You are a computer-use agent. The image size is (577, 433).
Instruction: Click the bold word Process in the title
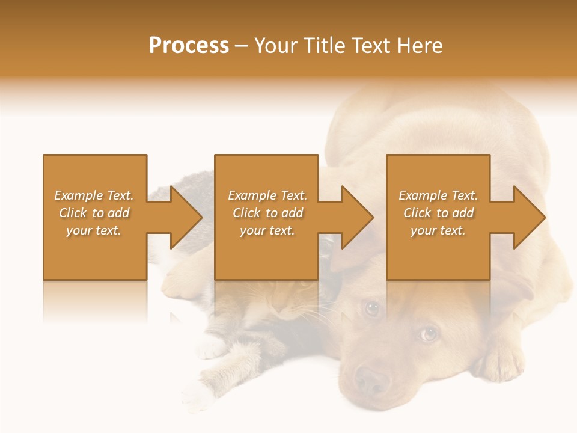coord(189,46)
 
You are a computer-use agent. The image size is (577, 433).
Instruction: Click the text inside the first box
coord(94,213)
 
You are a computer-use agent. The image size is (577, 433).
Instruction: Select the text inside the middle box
coord(267,213)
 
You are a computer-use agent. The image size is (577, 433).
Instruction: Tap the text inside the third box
coord(438,213)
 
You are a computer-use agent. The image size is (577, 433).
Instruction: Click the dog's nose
coord(371,380)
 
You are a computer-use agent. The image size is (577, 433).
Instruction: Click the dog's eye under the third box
coord(428,333)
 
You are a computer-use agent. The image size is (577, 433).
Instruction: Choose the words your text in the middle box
coord(267,230)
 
